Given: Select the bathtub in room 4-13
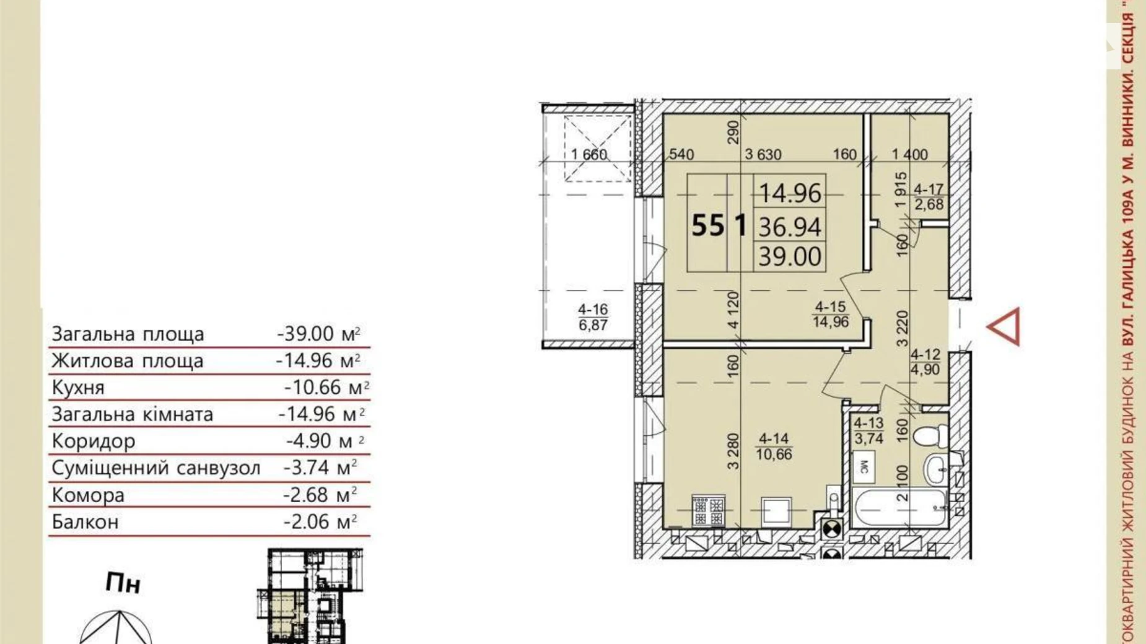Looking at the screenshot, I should [x=899, y=508].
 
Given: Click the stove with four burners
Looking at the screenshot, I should [x=708, y=511].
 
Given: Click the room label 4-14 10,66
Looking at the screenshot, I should [x=774, y=446].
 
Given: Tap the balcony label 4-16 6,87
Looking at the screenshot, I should [x=593, y=317].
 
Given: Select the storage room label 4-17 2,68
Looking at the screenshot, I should [x=929, y=197].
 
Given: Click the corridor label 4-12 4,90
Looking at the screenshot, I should [x=925, y=362].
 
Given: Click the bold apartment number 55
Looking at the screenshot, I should [x=708, y=225].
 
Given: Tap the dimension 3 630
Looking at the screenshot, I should [x=763, y=155].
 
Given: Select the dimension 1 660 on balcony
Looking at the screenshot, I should [x=589, y=155].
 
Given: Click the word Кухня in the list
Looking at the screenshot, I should [x=78, y=388].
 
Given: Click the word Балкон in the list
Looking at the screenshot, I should [x=85, y=522].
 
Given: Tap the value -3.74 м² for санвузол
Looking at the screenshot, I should [x=320, y=468].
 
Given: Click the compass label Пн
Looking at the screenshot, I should [x=123, y=583].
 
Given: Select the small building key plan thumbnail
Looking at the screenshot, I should [x=310, y=596].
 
